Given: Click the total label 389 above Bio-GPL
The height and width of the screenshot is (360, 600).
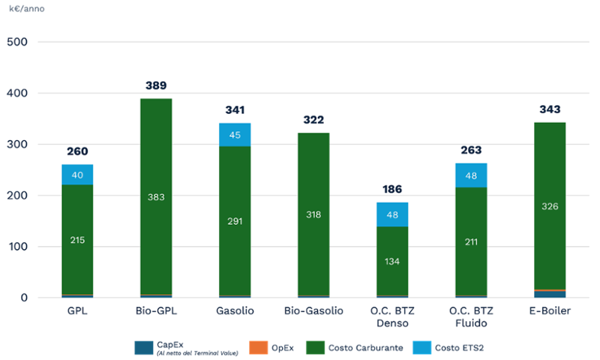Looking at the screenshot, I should (x=156, y=85).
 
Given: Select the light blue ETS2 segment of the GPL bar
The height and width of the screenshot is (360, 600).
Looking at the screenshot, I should (x=77, y=175).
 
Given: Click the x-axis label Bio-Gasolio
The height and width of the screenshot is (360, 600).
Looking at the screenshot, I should (x=313, y=310).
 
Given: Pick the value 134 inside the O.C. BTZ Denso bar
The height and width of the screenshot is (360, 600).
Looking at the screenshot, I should (x=392, y=261).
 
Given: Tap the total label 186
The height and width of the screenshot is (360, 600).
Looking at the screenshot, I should (x=392, y=189).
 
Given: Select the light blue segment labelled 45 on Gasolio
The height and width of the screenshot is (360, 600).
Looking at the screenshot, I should (x=235, y=135).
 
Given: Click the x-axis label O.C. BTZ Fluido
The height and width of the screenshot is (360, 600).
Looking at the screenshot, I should (x=471, y=316).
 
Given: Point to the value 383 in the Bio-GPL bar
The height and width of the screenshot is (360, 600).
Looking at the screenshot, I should (x=156, y=197).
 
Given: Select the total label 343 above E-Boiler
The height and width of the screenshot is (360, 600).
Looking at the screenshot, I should (x=550, y=109).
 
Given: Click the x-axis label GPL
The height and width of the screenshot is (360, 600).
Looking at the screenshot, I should (x=77, y=310).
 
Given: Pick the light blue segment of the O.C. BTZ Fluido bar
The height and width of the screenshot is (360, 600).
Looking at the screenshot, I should (x=471, y=175).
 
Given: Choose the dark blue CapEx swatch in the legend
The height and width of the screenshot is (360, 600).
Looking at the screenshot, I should (x=144, y=348).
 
